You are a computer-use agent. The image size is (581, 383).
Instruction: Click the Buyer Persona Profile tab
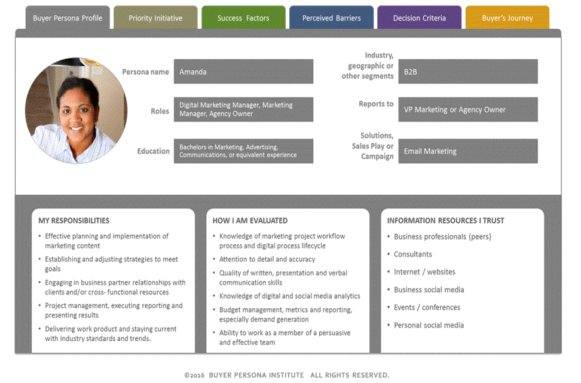tap(68, 18)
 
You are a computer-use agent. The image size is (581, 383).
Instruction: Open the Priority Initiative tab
tap(155, 17)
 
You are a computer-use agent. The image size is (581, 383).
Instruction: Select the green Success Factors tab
tap(243, 17)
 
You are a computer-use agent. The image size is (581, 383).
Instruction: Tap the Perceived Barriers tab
tap(331, 17)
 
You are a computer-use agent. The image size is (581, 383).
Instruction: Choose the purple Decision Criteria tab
tap(420, 17)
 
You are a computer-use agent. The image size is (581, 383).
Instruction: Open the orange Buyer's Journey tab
tap(507, 17)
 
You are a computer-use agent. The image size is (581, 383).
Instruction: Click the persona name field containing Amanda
tap(243, 72)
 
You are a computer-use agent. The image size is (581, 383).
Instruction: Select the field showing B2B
tap(468, 72)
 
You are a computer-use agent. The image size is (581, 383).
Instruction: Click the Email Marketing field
tap(468, 151)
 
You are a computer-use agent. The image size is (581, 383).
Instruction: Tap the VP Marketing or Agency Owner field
tap(468, 109)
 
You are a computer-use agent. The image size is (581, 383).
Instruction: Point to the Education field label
tap(153, 151)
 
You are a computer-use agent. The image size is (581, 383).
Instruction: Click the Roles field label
tap(160, 111)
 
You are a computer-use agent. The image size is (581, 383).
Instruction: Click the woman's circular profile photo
tap(77, 111)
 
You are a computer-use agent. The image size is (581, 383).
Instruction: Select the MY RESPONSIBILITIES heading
tap(74, 220)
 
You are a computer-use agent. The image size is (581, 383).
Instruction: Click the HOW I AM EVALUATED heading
tap(250, 220)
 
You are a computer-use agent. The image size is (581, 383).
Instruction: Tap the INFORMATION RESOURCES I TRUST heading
tap(445, 220)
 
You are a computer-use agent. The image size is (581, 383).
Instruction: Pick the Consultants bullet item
tap(413, 254)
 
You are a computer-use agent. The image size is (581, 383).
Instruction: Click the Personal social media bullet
tap(429, 325)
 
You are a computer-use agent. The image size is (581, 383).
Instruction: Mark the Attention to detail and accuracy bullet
tap(267, 259)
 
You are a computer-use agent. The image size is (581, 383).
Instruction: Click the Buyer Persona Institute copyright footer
tap(287, 375)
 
